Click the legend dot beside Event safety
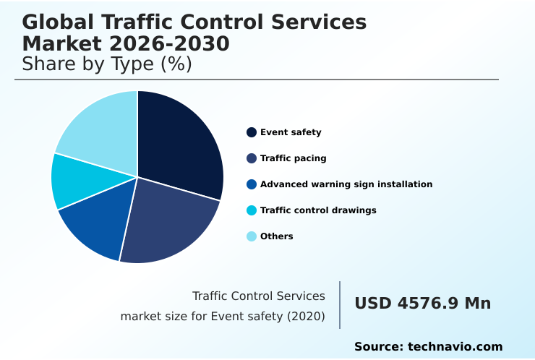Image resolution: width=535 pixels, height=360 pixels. coord(252,132)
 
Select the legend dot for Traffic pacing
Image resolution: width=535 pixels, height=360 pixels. coord(252,158)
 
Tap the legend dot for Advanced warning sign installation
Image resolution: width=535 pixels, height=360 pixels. coord(252,184)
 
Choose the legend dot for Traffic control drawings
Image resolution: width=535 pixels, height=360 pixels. coord(252,210)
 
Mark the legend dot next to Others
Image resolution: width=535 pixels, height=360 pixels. coord(252,236)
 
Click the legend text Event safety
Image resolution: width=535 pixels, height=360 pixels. coord(291,132)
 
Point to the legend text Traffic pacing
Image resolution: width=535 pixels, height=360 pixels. coord(294,158)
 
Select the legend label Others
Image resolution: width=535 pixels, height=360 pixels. coord(277,236)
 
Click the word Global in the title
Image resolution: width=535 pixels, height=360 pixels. coord(52,22)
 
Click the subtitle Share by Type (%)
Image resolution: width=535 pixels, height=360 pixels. coord(107,64)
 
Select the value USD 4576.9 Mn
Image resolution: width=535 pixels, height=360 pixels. coord(422,304)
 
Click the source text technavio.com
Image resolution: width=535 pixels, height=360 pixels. coord(455,347)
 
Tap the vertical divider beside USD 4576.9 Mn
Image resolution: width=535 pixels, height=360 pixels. coord(340,305)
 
